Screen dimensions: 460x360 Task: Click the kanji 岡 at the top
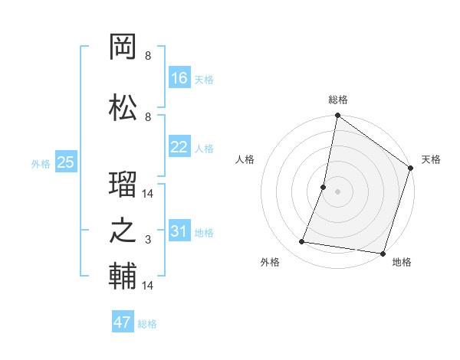pos(123,49)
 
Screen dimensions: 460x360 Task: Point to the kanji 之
pos(123,232)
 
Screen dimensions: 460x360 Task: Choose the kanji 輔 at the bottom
pos(123,276)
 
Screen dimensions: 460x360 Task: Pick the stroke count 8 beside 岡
pos(148,57)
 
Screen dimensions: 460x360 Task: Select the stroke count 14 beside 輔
pos(148,286)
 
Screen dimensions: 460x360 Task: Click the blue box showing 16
pos(179,78)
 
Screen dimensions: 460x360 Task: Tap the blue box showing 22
pos(179,147)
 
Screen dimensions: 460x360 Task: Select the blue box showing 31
pos(179,232)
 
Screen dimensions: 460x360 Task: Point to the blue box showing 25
pos(65,162)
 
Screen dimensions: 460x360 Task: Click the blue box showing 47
pos(123,322)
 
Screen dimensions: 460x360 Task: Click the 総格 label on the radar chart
pos(337,100)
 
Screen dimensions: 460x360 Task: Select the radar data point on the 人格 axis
pos(324,187)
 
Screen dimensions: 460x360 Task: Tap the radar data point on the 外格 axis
pos(302,242)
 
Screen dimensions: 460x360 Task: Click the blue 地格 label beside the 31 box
pos(204,233)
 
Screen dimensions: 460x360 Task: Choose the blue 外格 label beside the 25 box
pos(41,163)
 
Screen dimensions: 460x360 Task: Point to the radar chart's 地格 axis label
pos(402,263)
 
